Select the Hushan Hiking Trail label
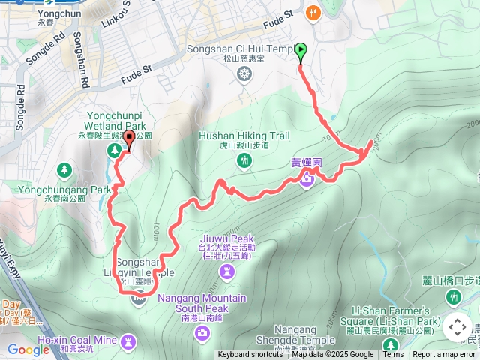233,136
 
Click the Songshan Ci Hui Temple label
240,49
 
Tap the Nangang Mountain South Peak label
203,302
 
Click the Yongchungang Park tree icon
65,170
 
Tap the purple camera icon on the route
307,178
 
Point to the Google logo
28,349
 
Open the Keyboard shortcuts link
250,355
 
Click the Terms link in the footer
393,355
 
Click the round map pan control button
457,327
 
